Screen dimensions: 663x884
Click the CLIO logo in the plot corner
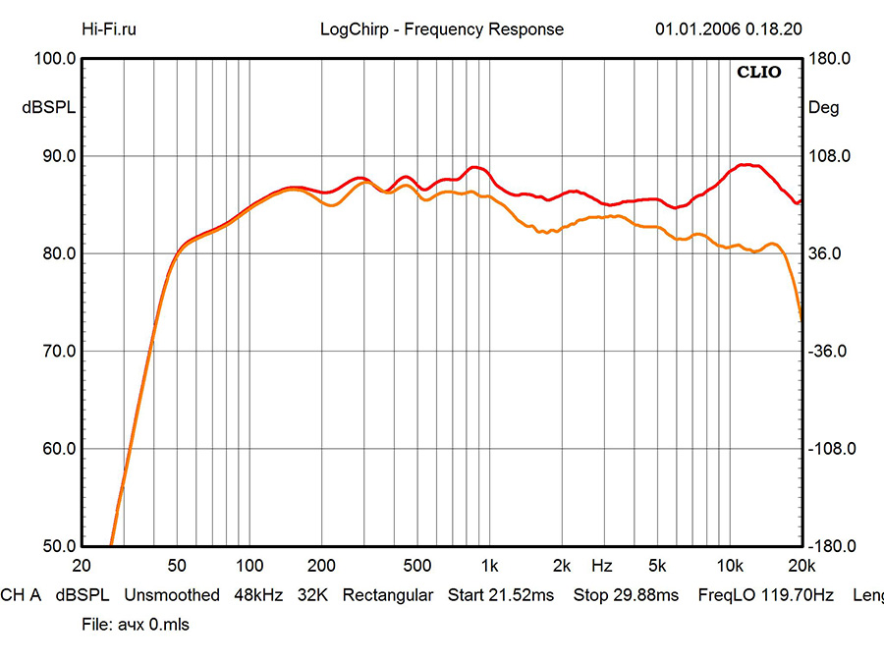[x=759, y=73]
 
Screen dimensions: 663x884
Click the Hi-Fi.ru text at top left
[x=110, y=28]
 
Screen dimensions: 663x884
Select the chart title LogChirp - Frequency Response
[x=442, y=28]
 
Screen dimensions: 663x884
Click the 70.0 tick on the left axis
[x=56, y=351]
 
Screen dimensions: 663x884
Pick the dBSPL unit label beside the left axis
[x=48, y=108]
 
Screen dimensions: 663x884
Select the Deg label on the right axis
[x=823, y=108]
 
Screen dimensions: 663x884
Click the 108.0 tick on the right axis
[x=829, y=156]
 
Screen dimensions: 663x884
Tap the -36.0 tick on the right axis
[x=829, y=351]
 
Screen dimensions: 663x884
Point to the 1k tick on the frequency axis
[x=489, y=566]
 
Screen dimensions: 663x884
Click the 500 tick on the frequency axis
[x=417, y=566]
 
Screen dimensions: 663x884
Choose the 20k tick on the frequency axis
[x=801, y=566]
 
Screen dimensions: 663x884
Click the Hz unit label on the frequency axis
[x=602, y=566]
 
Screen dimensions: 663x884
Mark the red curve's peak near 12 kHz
[x=748, y=165]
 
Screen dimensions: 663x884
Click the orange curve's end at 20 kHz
[x=801, y=318]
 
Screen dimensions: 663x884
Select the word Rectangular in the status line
[x=387, y=595]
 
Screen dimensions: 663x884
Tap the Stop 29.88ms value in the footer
[x=626, y=595]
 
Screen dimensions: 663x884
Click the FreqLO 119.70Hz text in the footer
[x=765, y=595]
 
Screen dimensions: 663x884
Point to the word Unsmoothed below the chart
[x=171, y=595]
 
